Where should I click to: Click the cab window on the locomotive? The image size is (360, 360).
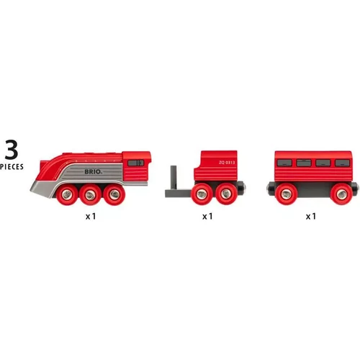(x=134, y=163)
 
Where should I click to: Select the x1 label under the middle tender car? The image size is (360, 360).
(x=208, y=217)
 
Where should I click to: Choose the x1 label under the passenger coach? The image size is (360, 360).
(x=311, y=217)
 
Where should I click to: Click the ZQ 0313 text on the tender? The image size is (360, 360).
(x=227, y=164)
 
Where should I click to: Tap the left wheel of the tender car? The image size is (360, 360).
(x=203, y=195)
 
